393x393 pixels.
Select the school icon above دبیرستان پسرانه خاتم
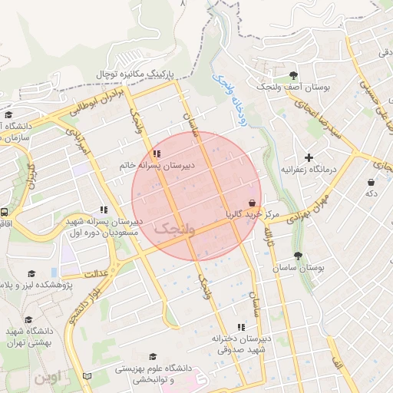[x=157, y=153]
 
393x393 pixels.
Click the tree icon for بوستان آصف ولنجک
[x=293, y=75]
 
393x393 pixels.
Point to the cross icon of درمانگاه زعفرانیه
[x=309, y=157]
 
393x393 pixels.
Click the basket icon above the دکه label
[x=372, y=183]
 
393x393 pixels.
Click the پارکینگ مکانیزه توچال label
[x=135, y=74]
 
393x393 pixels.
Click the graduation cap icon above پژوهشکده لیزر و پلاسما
[x=31, y=274]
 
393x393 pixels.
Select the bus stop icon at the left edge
[x=5, y=212]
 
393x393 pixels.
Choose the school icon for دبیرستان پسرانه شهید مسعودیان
[x=104, y=210]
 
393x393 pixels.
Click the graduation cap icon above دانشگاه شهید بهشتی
[x=28, y=320]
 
